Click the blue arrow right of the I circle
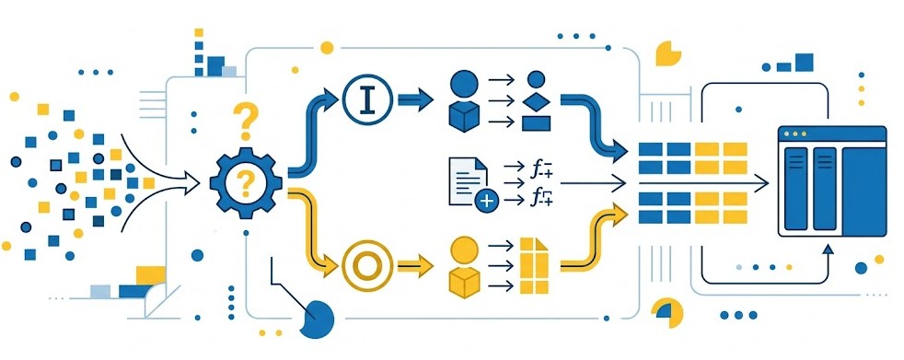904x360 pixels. pyautogui.click(x=416, y=97)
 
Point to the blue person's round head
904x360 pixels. pyautogui.click(x=463, y=84)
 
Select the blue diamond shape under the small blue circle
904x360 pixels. pyautogui.click(x=536, y=99)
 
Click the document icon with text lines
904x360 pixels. pyautogui.click(x=465, y=180)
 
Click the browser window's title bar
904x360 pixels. pyautogui.click(x=831, y=134)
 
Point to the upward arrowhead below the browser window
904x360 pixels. pyautogui.click(x=829, y=247)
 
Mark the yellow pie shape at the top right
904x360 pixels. pyautogui.click(x=667, y=53)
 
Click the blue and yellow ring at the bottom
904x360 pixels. pyautogui.click(x=666, y=314)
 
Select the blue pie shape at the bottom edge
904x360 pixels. pyautogui.click(x=316, y=321)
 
